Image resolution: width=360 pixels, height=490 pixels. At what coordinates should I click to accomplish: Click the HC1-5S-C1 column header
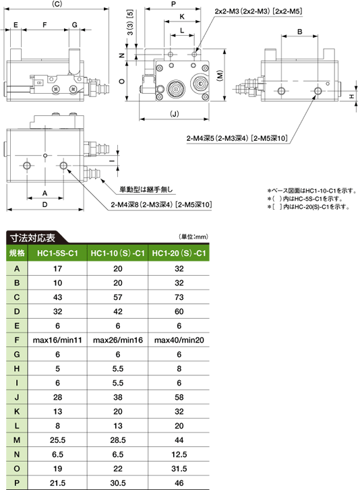[57, 253]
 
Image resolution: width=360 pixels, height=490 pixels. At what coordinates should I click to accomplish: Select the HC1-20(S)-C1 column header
[179, 253]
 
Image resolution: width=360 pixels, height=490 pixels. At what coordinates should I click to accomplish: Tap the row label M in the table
[17, 440]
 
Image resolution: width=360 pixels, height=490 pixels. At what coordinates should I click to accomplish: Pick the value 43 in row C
[57, 297]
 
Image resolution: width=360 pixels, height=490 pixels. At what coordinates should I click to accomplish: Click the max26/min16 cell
[118, 340]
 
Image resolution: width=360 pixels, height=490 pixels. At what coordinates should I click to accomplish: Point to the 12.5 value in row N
[179, 454]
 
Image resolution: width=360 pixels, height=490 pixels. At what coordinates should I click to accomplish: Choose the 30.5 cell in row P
[118, 483]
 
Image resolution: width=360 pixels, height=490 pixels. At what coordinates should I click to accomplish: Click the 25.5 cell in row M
[57, 440]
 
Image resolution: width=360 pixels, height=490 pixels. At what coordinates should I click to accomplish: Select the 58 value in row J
[179, 397]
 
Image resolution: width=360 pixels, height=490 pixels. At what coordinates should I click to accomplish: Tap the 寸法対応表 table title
[32, 238]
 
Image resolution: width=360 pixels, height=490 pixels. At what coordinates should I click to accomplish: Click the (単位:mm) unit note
[193, 237]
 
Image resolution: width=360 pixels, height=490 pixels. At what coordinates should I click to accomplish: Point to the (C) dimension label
[57, 4]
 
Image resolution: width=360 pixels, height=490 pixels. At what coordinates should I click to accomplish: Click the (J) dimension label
[175, 113]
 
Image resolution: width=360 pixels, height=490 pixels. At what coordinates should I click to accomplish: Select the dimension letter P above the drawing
[174, 4]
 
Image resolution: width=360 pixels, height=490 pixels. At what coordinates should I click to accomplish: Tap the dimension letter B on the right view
[300, 32]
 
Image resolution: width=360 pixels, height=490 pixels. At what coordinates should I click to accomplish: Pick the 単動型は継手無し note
[146, 189]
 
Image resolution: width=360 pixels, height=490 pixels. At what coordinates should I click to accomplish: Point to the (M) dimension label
[220, 75]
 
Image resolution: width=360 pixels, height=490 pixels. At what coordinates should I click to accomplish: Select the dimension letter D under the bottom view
[44, 204]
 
